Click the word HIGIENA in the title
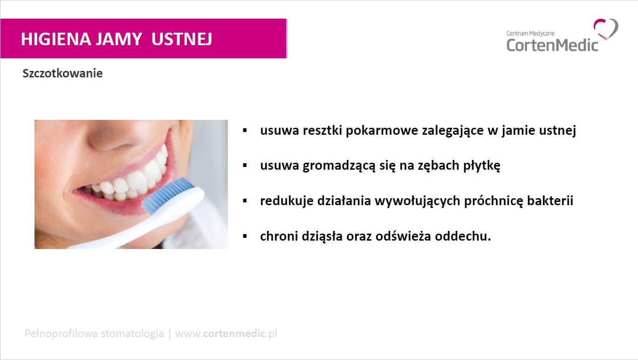click(x=56, y=39)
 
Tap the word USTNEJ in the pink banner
click(x=182, y=39)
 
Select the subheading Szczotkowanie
click(x=62, y=74)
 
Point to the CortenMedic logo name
click(x=552, y=45)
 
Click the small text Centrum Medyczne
click(x=530, y=34)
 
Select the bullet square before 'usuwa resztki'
click(x=245, y=130)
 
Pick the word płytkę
click(x=481, y=166)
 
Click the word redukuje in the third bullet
click(x=287, y=201)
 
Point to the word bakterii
click(x=550, y=201)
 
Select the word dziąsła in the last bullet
click(x=322, y=236)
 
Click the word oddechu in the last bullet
click(x=461, y=236)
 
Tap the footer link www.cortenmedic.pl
click(x=226, y=333)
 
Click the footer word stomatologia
click(x=132, y=333)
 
